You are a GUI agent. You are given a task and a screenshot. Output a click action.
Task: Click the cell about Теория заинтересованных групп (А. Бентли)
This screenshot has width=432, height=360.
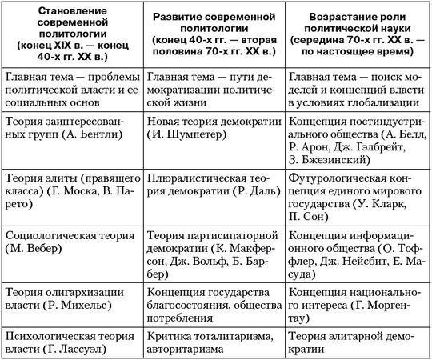(72, 130)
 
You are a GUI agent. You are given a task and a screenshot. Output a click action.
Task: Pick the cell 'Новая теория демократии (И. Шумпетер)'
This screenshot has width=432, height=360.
(215, 130)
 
